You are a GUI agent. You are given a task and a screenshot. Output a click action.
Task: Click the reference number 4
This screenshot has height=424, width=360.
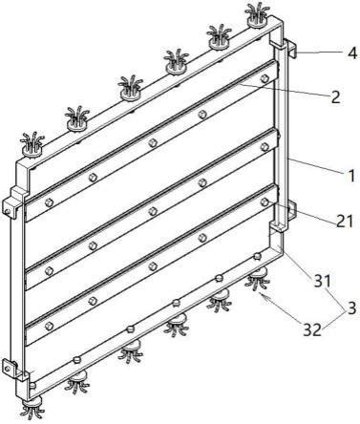(x=351, y=53)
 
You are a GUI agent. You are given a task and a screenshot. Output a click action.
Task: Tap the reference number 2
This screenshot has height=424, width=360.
(x=335, y=97)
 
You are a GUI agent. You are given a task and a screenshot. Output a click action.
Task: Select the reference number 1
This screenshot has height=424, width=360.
(x=351, y=176)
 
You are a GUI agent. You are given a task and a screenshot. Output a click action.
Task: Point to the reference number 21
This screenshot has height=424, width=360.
(x=345, y=221)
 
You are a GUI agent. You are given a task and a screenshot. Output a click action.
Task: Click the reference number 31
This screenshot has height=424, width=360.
(x=323, y=282)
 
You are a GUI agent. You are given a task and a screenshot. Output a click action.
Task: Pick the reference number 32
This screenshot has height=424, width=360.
(x=312, y=330)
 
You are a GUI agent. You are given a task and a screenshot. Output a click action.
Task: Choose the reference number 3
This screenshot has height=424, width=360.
(x=351, y=307)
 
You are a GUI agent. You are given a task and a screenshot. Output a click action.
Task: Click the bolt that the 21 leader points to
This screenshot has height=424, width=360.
(x=264, y=201)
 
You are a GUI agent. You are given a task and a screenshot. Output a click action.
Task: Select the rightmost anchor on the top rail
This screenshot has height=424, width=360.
(x=256, y=15)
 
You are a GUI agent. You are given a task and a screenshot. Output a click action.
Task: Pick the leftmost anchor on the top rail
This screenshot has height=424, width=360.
(x=32, y=144)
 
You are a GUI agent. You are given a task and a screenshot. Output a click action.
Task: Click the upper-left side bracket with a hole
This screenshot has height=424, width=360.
(x=12, y=202)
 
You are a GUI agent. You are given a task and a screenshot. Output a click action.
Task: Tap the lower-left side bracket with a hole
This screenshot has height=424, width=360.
(x=11, y=370)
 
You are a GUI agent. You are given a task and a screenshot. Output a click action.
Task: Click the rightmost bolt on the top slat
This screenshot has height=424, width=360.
(x=264, y=78)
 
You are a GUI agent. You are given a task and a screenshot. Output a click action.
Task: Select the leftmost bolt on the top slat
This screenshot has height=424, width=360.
(x=49, y=202)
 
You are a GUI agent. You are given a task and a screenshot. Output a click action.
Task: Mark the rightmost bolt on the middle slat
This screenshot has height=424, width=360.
(x=265, y=147)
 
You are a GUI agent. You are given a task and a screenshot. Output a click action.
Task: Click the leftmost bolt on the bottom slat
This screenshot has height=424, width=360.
(x=49, y=326)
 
